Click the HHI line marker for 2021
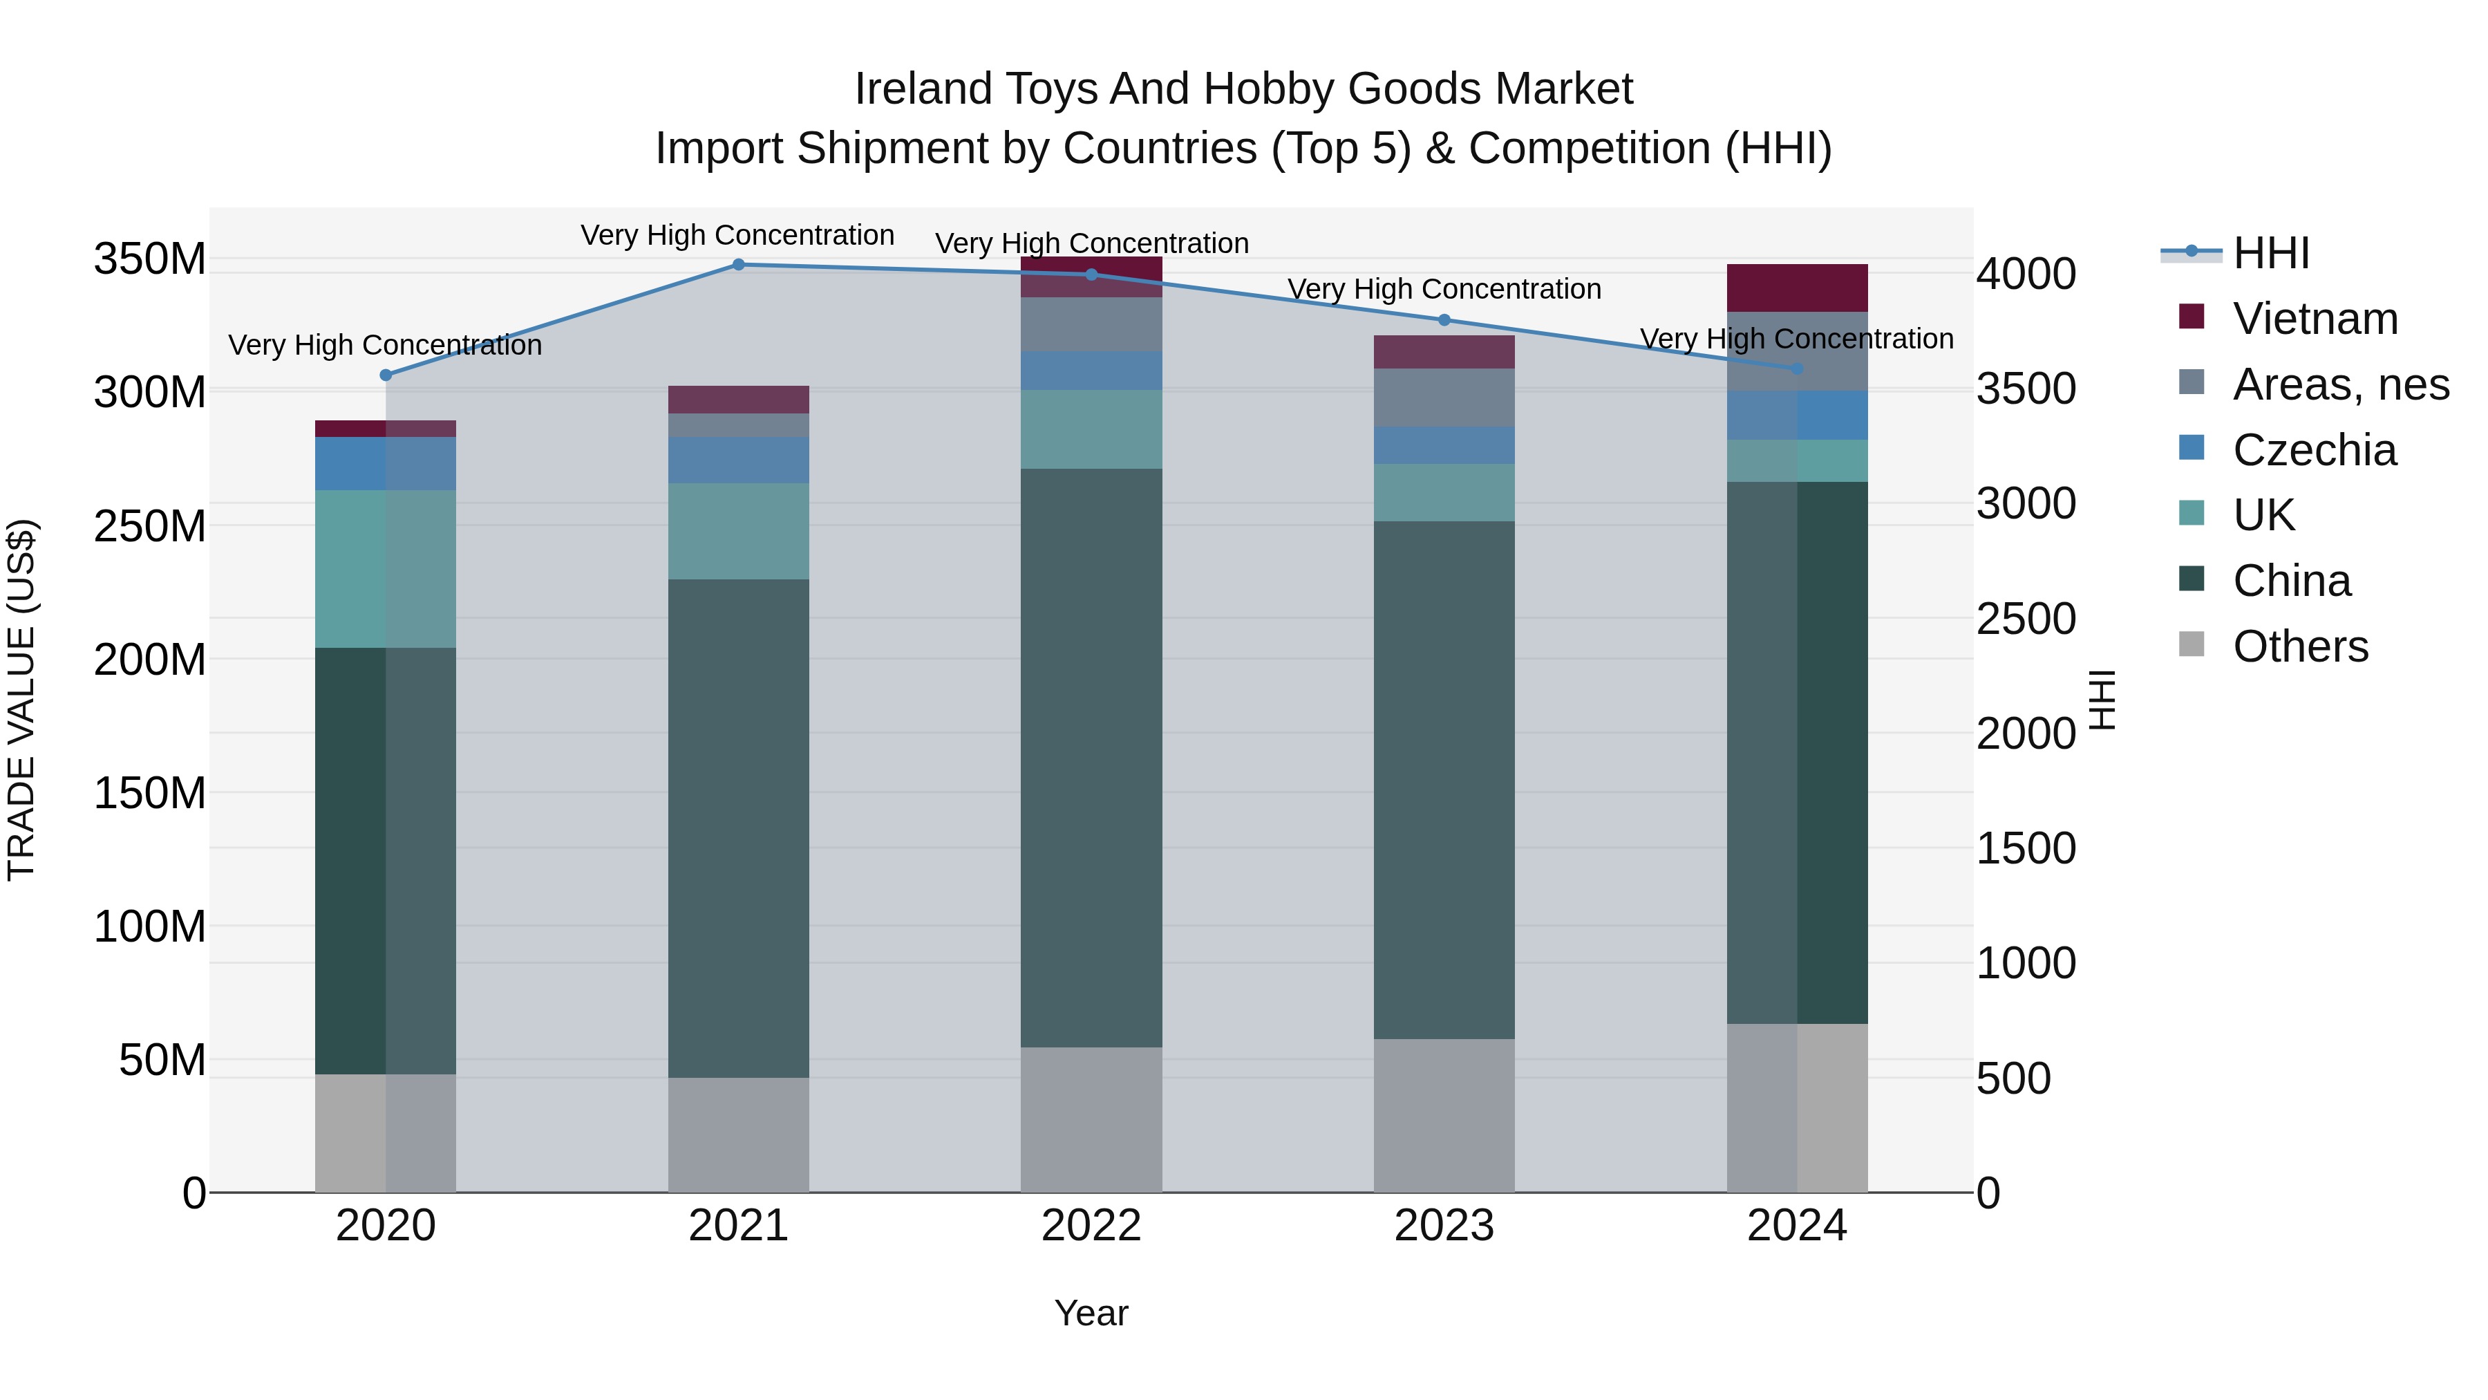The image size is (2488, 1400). click(738, 264)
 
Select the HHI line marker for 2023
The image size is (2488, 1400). click(1444, 320)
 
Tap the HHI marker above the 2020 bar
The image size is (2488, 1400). click(386, 375)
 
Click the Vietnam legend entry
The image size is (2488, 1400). click(2314, 319)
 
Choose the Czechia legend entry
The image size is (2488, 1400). click(2313, 450)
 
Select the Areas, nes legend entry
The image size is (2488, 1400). click(2339, 384)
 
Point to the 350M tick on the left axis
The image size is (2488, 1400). click(150, 259)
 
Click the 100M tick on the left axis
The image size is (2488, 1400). click(150, 926)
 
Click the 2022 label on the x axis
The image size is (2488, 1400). click(1091, 1226)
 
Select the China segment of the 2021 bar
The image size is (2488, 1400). click(738, 828)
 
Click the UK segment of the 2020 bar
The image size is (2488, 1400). click(386, 568)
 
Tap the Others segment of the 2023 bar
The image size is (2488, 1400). click(1444, 1115)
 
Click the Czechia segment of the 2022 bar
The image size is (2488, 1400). click(1091, 371)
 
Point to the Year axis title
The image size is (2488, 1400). click(1091, 1313)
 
